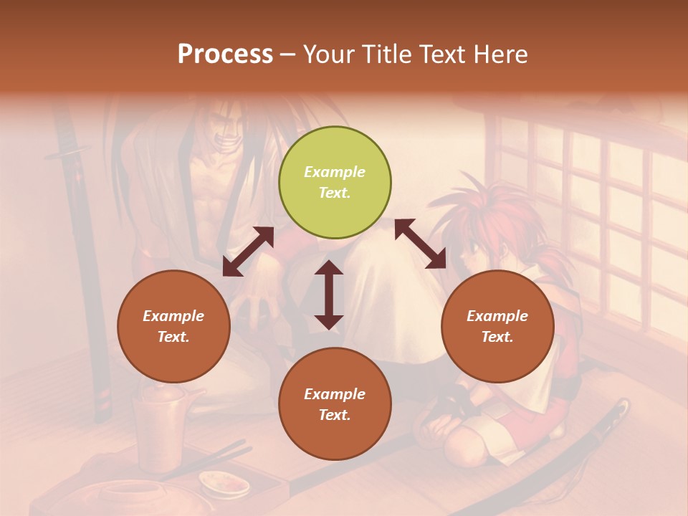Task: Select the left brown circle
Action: (x=173, y=326)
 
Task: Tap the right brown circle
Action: (x=497, y=326)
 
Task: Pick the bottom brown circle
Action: (x=335, y=404)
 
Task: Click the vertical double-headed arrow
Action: (x=329, y=295)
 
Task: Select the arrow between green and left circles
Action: (x=248, y=252)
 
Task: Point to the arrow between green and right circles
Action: (x=421, y=244)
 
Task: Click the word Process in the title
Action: (x=225, y=54)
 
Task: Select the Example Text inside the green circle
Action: (x=335, y=182)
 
